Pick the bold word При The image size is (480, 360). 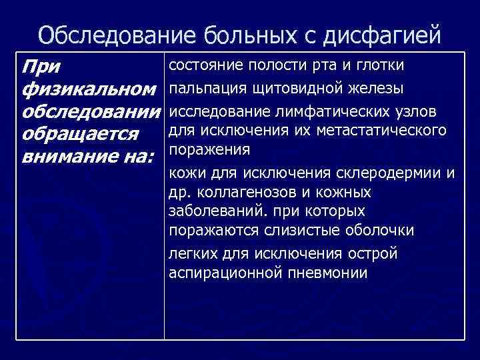41,66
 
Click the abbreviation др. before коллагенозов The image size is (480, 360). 177,193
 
